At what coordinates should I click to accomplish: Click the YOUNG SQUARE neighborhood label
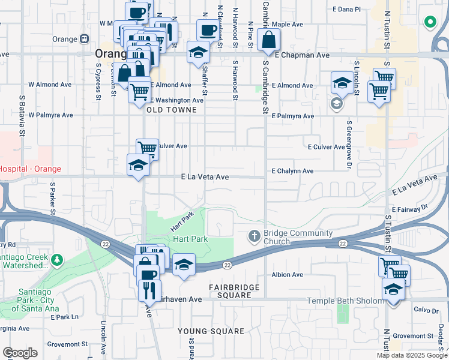click(211, 331)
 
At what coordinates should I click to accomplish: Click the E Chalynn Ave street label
click(292, 171)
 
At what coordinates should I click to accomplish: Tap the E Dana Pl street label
click(347, 9)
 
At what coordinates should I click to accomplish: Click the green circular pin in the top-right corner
click(430, 23)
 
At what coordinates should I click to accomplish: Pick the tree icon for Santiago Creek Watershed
click(56, 260)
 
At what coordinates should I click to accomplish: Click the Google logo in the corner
click(20, 353)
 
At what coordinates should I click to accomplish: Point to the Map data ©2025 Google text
click(412, 355)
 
